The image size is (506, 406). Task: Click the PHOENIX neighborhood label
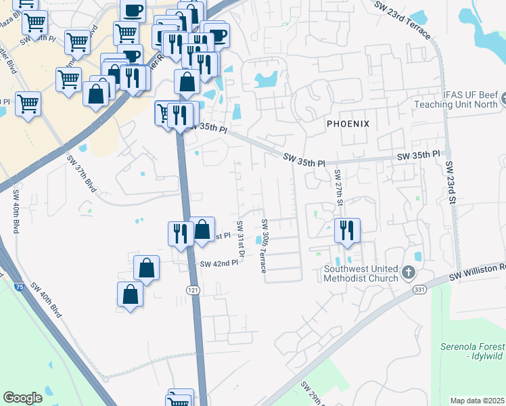tap(348, 124)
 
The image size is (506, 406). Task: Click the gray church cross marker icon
tap(408, 272)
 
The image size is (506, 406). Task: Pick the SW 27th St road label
tap(339, 184)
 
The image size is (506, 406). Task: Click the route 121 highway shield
tap(193, 290)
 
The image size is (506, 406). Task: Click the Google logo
tap(22, 397)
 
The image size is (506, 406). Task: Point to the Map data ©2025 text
tap(477, 401)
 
